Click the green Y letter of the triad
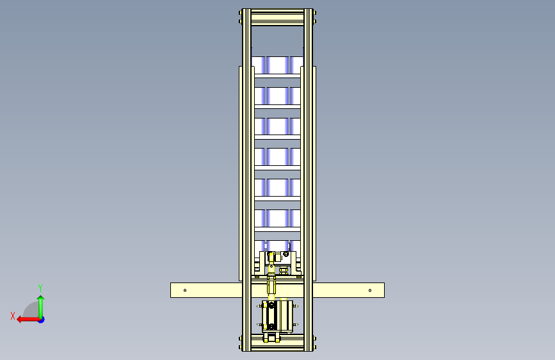40,288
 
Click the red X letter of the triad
13,316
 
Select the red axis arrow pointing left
28,320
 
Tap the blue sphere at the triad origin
42,320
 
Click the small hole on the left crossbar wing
185,291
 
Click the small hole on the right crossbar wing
370,291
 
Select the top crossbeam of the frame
278,17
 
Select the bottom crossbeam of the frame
278,343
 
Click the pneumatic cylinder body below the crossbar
278,316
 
